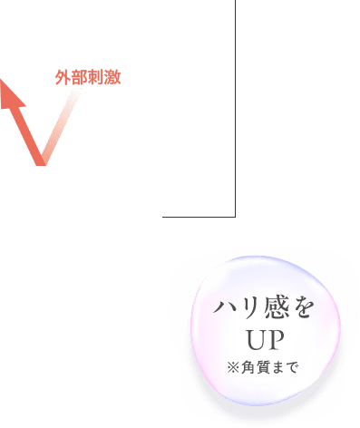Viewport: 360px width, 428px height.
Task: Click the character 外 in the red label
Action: tap(62, 77)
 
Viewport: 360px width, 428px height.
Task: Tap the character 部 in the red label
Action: tap(77, 77)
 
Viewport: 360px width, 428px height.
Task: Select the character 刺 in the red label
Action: tap(94, 77)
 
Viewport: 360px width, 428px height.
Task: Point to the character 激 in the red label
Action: tap(112, 77)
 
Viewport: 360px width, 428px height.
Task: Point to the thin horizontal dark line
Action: tap(199, 217)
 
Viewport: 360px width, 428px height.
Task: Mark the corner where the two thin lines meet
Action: tap(235, 217)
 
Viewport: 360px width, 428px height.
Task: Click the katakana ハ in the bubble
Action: tap(223, 310)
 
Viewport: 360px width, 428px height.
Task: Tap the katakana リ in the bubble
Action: tap(246, 310)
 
